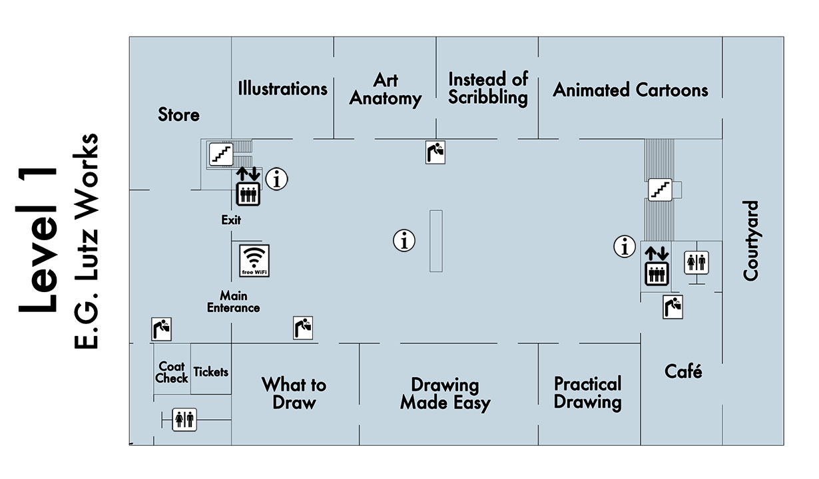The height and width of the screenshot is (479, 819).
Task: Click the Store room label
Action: coord(178,114)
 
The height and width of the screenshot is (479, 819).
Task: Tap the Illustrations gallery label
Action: coord(283,88)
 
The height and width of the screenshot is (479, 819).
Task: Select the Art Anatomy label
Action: coord(386,90)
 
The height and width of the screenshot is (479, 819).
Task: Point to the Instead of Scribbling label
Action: coord(488,88)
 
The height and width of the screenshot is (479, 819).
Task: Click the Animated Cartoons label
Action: coord(631,90)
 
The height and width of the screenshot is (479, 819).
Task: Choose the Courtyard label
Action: coord(751,240)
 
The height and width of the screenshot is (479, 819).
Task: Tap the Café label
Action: coord(683,371)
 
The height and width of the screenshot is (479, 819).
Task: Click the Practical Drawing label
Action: coord(588,393)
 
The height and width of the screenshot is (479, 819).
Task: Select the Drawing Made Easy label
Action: coord(445,394)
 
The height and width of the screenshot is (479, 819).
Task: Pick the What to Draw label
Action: coord(294,393)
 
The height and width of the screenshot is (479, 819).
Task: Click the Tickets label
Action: coord(210,372)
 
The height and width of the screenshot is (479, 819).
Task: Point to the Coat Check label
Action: coord(172,373)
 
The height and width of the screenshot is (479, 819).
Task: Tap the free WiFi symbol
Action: coord(254,260)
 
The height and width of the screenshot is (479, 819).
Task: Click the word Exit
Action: coord(231,220)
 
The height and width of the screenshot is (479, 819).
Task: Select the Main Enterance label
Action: coord(233,301)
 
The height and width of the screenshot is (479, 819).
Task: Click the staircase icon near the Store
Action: coord(220,154)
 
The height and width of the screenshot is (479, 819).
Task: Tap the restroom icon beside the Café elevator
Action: coord(696,262)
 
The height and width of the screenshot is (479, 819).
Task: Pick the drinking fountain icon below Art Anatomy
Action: coord(435,152)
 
